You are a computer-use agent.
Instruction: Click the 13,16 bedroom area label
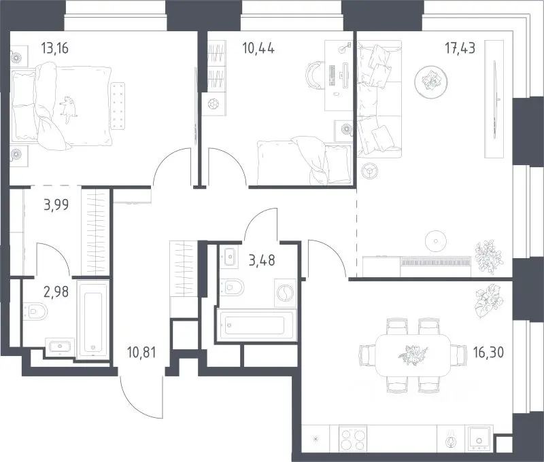click(x=55, y=48)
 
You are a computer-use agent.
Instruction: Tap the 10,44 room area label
click(x=258, y=48)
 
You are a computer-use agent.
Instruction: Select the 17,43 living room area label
click(x=460, y=48)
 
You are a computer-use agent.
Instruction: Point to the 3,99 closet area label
click(x=56, y=205)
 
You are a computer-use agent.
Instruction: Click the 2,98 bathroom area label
click(x=56, y=292)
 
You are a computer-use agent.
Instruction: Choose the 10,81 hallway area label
click(x=141, y=353)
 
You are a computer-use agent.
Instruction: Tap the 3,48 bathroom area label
click(x=262, y=260)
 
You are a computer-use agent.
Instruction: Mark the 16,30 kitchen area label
click(x=488, y=353)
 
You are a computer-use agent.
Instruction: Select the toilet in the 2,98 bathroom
click(x=35, y=311)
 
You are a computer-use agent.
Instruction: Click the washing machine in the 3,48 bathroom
click(x=285, y=293)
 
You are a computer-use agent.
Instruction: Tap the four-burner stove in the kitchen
click(x=353, y=439)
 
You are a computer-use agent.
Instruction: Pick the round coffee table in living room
click(x=431, y=81)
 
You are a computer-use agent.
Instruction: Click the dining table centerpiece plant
click(x=413, y=355)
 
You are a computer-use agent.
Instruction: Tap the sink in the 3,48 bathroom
click(x=229, y=256)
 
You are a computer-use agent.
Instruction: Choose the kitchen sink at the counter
click(x=479, y=440)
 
